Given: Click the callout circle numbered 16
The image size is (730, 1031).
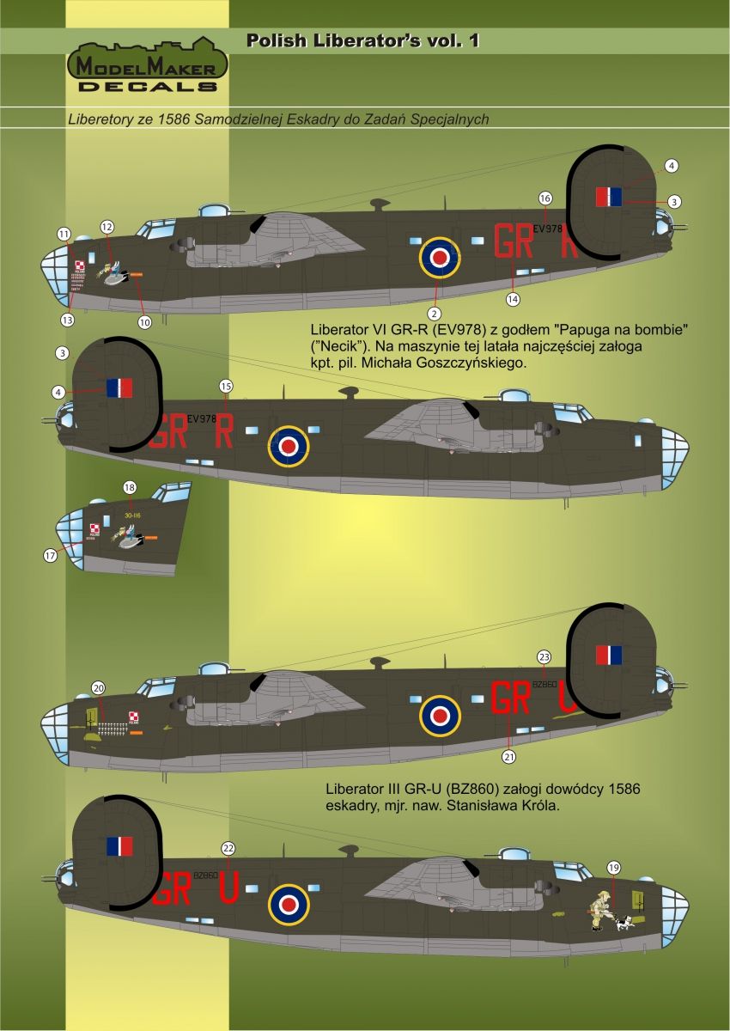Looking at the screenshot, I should click(x=544, y=198).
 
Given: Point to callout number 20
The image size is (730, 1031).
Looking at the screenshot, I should click(x=98, y=687).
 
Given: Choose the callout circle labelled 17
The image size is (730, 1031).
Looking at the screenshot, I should click(x=49, y=556).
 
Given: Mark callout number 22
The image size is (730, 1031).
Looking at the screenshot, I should click(x=228, y=846).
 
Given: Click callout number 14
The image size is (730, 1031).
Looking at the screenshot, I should click(x=514, y=299).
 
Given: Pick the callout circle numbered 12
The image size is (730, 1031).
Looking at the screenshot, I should click(x=107, y=227).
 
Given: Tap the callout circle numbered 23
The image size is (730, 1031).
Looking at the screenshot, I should click(x=543, y=656).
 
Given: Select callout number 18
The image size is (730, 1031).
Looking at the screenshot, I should click(x=129, y=487).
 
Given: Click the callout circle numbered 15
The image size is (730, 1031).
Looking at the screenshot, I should click(x=226, y=385).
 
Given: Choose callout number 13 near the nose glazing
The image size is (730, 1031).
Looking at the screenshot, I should click(x=67, y=320).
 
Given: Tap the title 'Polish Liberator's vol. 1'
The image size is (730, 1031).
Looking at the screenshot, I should click(x=362, y=40).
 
